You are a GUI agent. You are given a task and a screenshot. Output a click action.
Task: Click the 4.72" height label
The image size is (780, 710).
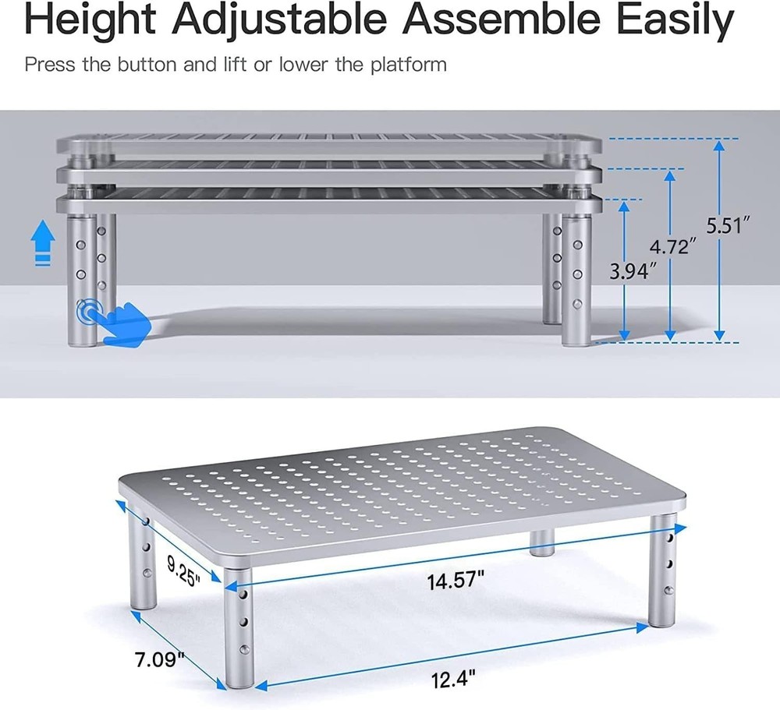point(672,248)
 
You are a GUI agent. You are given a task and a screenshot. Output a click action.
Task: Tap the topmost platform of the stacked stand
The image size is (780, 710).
point(328,146)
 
